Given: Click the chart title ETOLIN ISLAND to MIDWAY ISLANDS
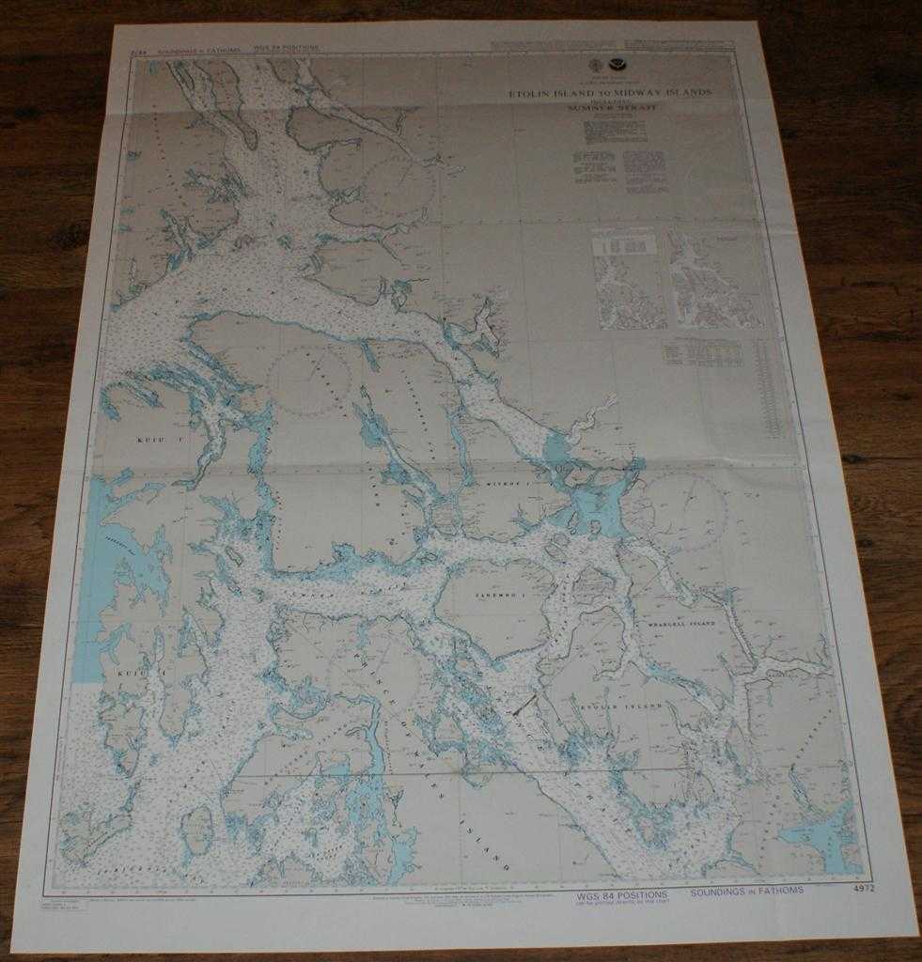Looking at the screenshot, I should tap(610, 94).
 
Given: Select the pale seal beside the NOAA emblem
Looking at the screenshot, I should tap(594, 69).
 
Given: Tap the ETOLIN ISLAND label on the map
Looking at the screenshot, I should tap(616, 704).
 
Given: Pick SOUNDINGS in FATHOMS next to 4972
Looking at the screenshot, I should tap(747, 891).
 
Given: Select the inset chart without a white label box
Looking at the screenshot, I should tap(716, 281).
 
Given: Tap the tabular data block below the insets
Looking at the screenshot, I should tap(702, 353).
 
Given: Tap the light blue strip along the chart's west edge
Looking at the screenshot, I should tap(90, 573).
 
